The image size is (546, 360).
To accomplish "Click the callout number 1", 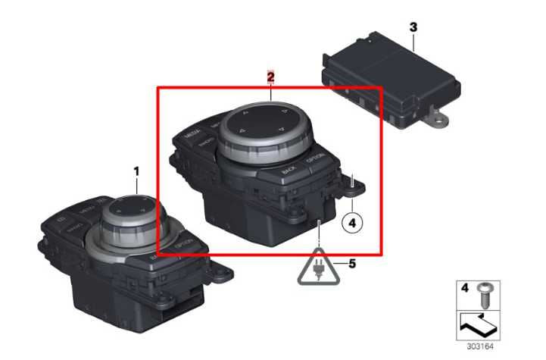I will click(136, 172).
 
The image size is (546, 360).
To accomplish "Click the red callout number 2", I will click(270, 77).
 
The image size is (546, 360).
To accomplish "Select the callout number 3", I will click(413, 27).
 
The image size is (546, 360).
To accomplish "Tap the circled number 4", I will click(352, 224).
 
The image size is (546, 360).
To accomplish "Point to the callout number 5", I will click(351, 263).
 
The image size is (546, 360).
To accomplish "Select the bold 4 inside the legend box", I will click(466, 289).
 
